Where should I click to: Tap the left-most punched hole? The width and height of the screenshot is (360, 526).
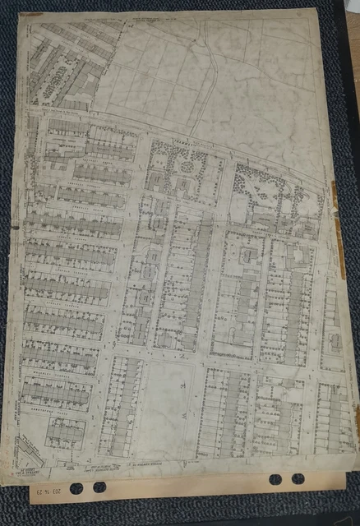click(76, 488)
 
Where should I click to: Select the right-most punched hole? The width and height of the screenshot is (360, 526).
click(298, 478)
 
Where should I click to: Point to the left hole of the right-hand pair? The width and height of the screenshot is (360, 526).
click(275, 479)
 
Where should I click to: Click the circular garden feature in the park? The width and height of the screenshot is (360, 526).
click(187, 168)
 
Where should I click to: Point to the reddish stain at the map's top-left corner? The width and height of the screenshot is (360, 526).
click(30, 15)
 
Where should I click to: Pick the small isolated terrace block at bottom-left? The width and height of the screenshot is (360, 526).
click(65, 431)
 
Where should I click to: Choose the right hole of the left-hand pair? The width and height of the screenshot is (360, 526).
click(99, 487)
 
